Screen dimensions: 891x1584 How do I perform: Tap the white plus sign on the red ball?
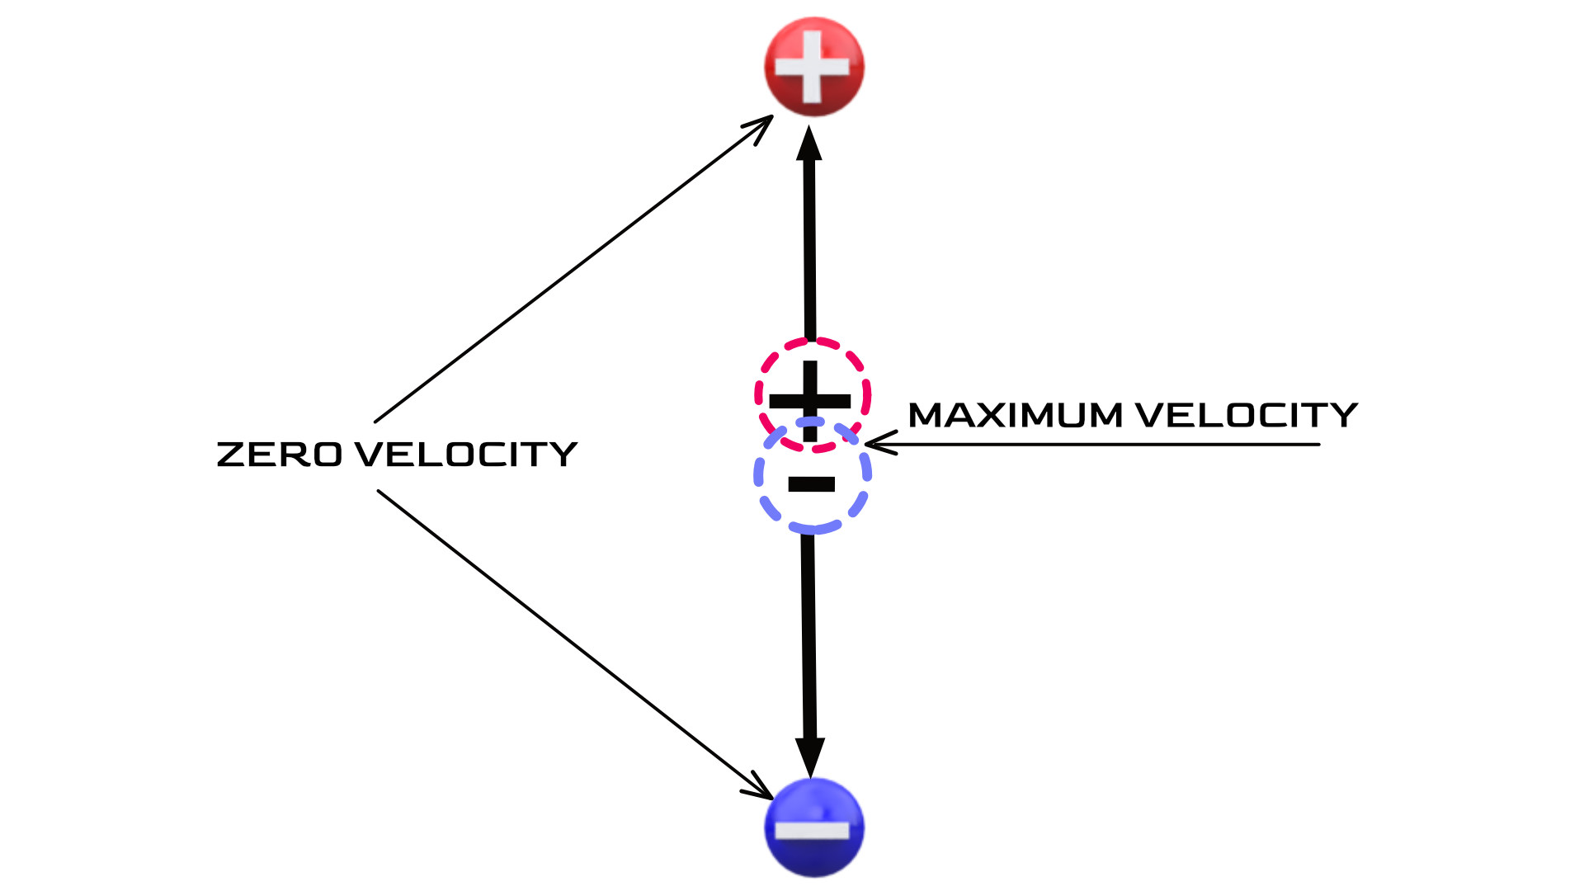point(813,67)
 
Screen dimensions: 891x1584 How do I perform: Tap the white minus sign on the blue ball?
point(813,829)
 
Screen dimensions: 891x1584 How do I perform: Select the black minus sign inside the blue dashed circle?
point(812,484)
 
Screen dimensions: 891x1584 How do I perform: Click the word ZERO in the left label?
point(279,455)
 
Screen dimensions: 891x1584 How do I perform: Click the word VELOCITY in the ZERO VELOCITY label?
point(466,455)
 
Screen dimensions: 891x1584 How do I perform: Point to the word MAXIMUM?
point(1015,415)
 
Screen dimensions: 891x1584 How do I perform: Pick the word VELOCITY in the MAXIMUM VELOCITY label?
point(1246,415)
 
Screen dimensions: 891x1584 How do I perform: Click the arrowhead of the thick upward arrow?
point(809,144)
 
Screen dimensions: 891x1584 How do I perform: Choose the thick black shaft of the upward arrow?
point(809,247)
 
